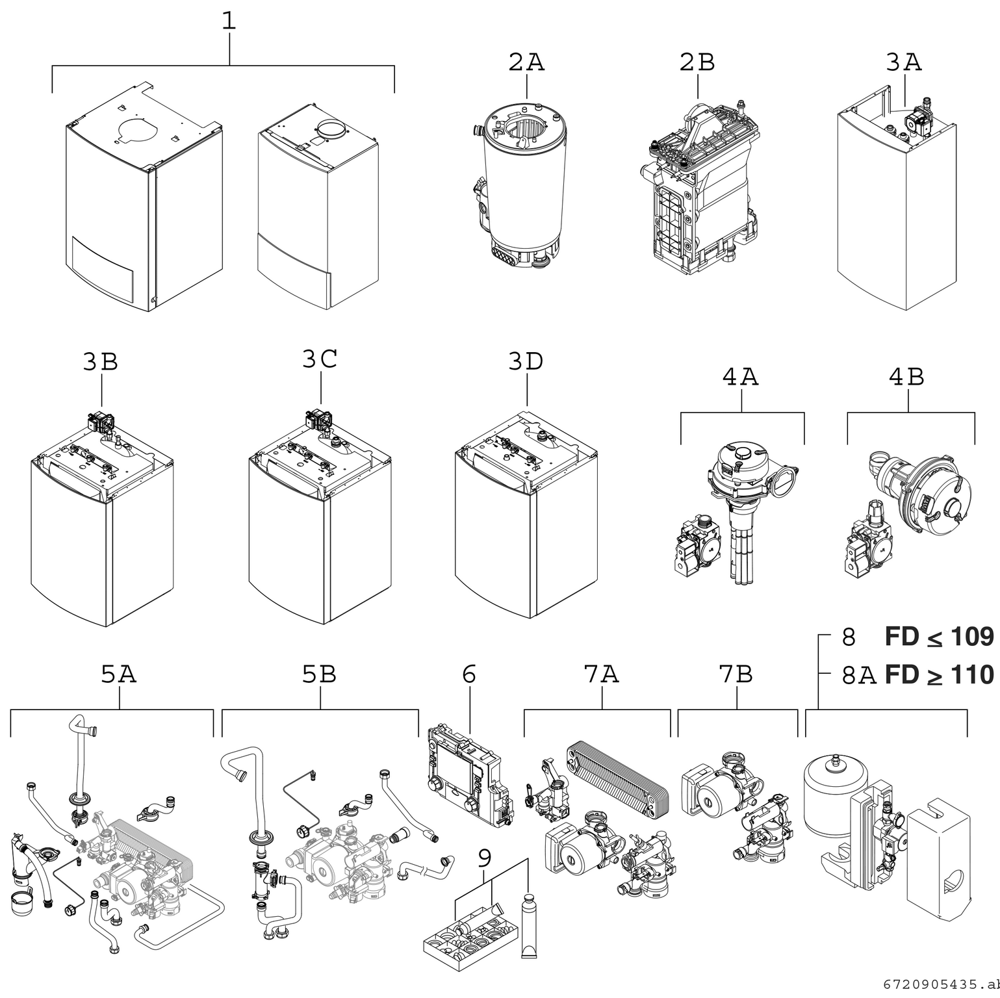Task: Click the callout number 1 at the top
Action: (229, 21)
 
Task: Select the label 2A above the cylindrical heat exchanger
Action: (526, 62)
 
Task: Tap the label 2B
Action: (697, 62)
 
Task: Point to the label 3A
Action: (904, 62)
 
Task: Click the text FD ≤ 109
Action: (939, 637)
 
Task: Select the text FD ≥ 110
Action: (939, 675)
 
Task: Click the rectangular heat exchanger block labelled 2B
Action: (699, 195)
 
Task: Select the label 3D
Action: (526, 362)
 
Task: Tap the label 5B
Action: (319, 675)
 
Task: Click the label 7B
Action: (736, 675)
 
